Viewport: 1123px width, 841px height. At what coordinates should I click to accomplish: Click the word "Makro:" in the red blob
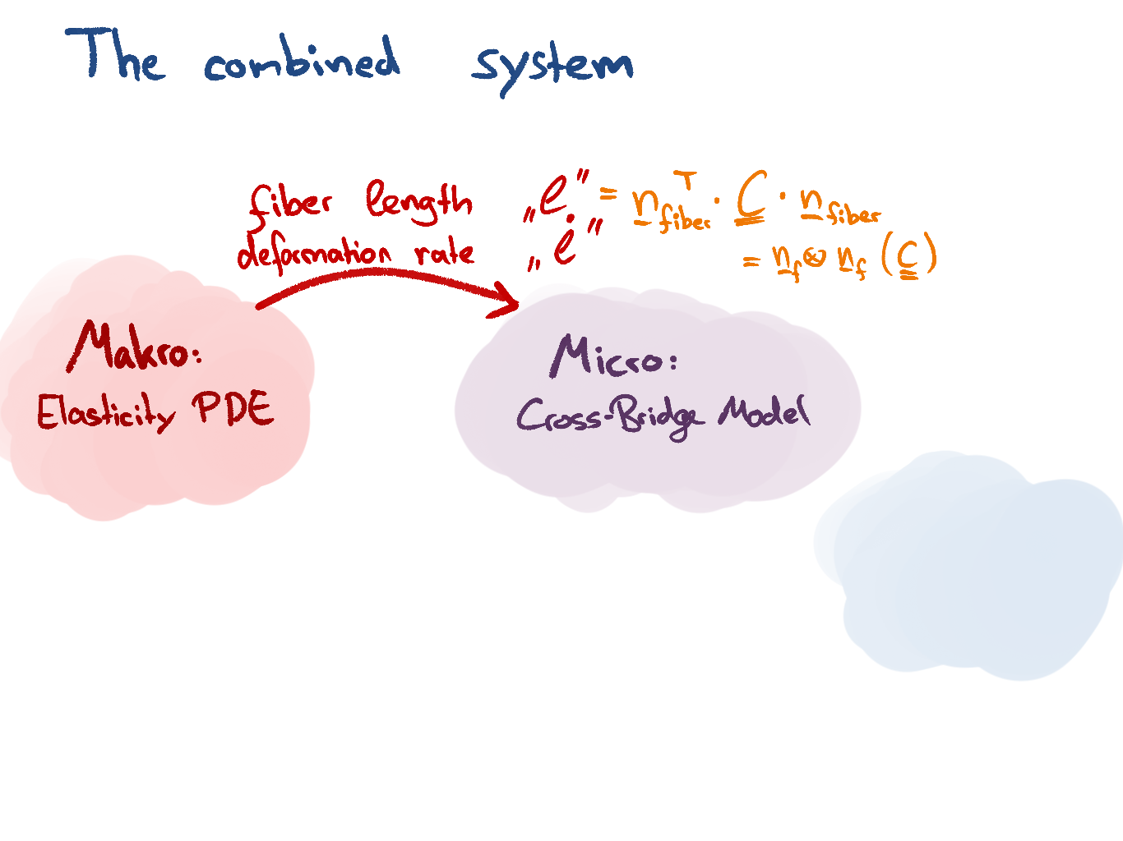coord(135,347)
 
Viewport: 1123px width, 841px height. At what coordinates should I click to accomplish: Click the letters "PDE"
coord(233,408)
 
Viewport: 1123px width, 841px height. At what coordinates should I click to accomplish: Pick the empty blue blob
coord(970,567)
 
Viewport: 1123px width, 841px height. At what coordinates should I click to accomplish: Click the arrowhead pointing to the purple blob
coord(508,302)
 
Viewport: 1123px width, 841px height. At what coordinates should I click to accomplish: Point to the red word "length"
coord(419,202)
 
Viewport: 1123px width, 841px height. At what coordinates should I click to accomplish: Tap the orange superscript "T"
coord(688,180)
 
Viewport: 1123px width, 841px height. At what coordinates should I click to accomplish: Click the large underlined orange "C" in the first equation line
coord(751,197)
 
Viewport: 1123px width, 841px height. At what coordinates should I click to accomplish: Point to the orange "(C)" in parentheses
coord(908,258)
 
